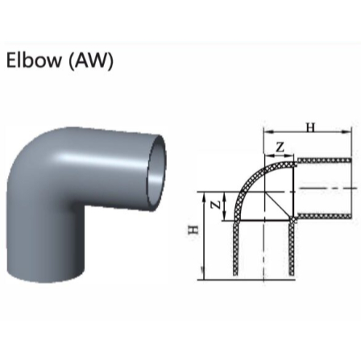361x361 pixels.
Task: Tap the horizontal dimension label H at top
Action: (x=310, y=127)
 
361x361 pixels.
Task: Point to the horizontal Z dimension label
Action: (x=280, y=146)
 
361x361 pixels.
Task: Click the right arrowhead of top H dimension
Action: (x=351, y=134)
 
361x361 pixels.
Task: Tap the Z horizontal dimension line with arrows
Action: (x=280, y=155)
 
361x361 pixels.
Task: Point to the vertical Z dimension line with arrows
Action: (x=225, y=205)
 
